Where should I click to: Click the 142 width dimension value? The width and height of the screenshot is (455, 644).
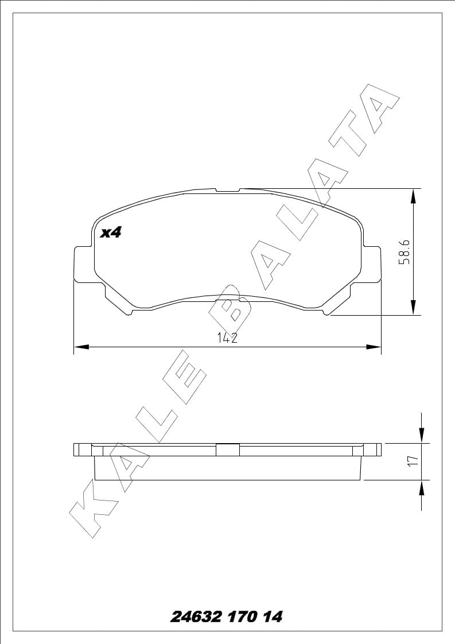point(227,337)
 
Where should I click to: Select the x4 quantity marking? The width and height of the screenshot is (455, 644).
point(111,233)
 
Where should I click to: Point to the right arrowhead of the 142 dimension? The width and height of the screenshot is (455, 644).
point(374,347)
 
